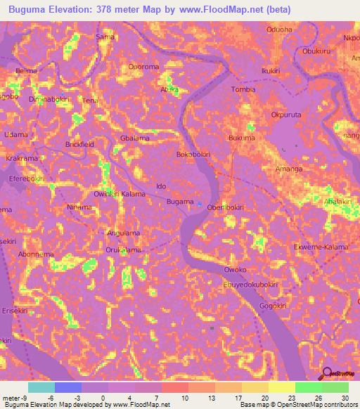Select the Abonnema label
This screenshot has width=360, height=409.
(37, 254)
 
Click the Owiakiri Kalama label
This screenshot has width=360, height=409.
(119, 193)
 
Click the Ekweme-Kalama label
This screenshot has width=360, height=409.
(321, 247)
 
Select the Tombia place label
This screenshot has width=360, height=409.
(243, 89)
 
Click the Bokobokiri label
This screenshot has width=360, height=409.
(194, 154)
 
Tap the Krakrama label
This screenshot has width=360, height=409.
(22, 159)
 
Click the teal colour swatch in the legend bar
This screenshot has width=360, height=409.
(41, 387)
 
